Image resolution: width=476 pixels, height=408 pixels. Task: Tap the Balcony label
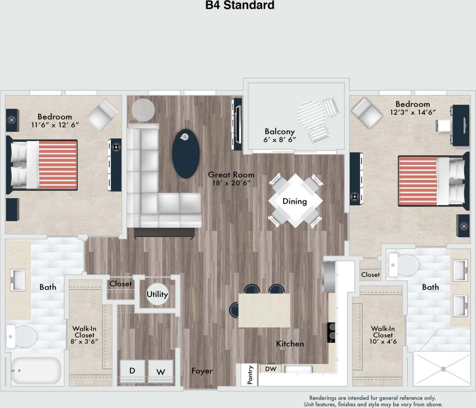280,131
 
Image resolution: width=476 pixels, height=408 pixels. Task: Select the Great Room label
231,175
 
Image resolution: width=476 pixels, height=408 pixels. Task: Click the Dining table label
294,201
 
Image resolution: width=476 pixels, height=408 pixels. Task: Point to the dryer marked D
132,371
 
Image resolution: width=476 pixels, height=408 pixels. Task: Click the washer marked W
161,372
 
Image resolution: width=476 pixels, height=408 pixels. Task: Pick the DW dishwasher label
271,369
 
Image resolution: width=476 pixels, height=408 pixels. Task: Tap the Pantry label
250,375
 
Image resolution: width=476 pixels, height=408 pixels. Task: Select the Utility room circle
157,294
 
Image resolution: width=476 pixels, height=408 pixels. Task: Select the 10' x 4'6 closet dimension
383,342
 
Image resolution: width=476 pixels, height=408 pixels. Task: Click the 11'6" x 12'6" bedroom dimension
54,125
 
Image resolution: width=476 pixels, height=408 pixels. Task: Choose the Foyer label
202,371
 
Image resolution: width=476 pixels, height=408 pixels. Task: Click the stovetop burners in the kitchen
331,332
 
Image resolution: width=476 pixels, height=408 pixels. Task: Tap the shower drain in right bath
443,369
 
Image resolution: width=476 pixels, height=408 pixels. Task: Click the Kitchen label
290,344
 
